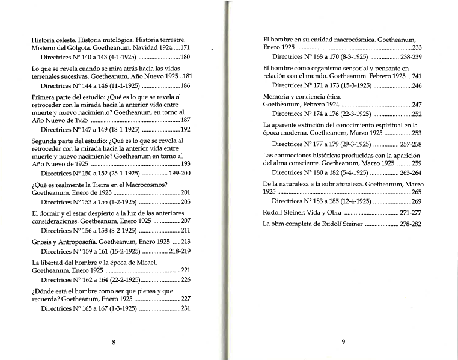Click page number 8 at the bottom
pyautogui.click(x=114, y=343)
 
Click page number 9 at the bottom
pyautogui.click(x=343, y=343)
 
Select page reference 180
pyautogui.click(x=185, y=57)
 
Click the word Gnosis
pyautogui.click(x=42, y=241)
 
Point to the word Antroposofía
pyautogui.click(x=82, y=241)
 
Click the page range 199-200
pyautogui.click(x=180, y=173)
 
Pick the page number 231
pyautogui.click(x=185, y=308)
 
